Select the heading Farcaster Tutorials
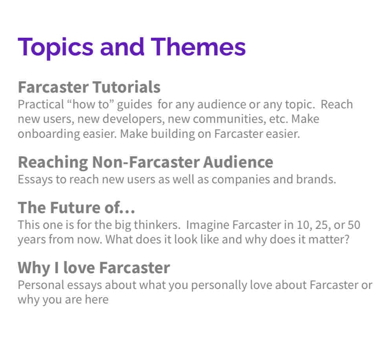[89, 87]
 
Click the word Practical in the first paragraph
[41, 104]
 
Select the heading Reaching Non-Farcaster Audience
[145, 162]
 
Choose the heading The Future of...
[76, 207]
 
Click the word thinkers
[157, 225]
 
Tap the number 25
[323, 225]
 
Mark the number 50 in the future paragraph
[354, 225]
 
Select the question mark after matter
[347, 239]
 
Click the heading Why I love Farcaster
[94, 268]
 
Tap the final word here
[97, 300]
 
